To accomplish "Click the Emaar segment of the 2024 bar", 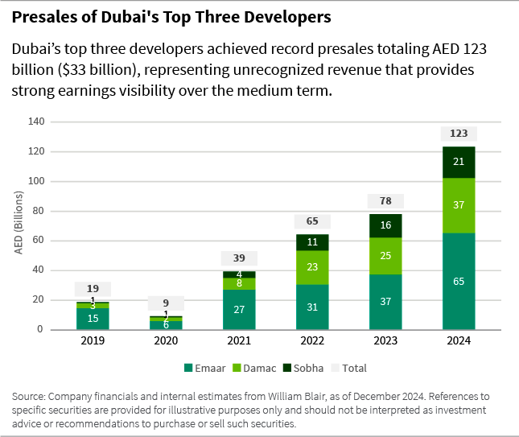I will pos(459,281).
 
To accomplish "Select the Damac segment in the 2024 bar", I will pos(459,205).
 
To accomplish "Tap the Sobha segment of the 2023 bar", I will pos(385,225).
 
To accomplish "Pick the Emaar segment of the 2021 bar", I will pos(239,309).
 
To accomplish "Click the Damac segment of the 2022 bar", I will pos(312,267).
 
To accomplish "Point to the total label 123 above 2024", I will pos(459,134).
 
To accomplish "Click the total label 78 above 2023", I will pos(385,200).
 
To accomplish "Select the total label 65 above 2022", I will pos(312,221).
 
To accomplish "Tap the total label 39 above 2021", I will pos(239,258).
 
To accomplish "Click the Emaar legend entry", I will pos(207,368).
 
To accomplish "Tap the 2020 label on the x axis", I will pos(166,341).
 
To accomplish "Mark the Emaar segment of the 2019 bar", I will pos(93,319).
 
